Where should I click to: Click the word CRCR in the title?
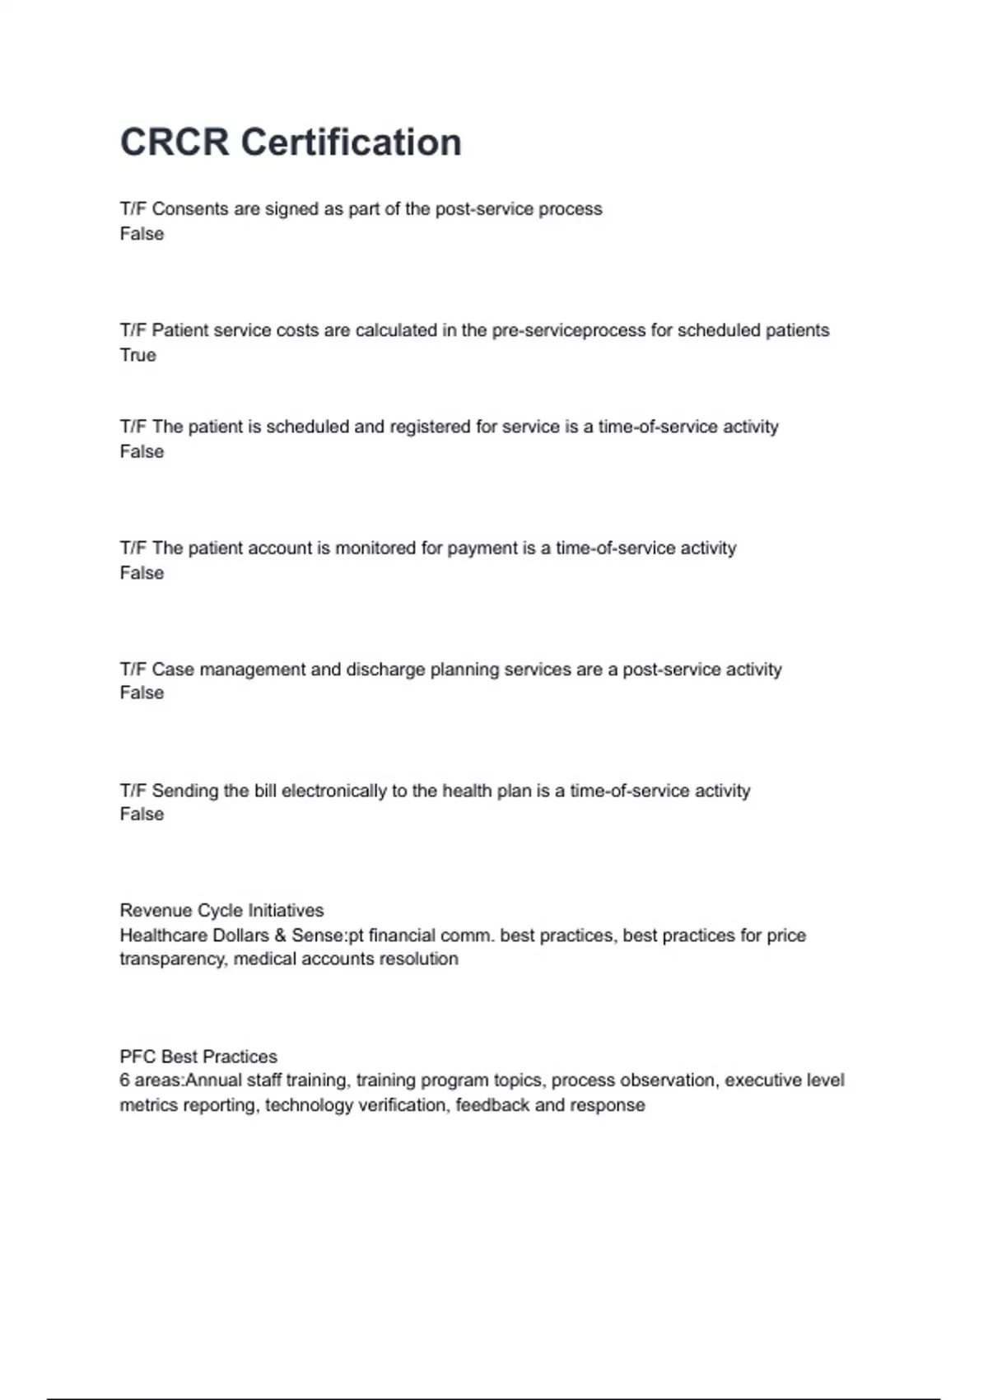click(175, 142)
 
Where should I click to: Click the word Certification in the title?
click(351, 142)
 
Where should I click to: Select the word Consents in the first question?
click(190, 209)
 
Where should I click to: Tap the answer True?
click(137, 355)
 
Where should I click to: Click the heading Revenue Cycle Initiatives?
click(221, 911)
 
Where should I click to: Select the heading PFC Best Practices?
click(198, 1057)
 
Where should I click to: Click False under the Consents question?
click(142, 234)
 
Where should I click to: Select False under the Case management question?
click(142, 693)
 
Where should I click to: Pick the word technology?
click(304, 1105)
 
